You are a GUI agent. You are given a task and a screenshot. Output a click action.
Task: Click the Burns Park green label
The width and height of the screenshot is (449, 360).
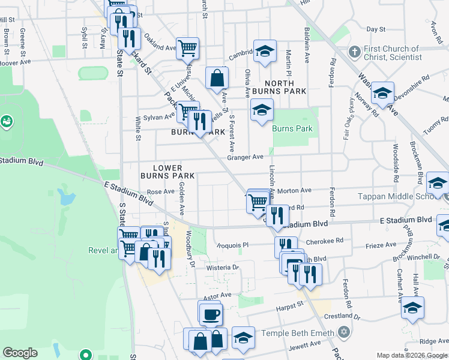click(x=292, y=128)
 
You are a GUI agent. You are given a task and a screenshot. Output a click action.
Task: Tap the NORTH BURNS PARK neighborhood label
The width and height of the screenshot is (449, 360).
click(x=279, y=87)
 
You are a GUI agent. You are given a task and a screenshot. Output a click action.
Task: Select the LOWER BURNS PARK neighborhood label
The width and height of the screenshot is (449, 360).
click(x=167, y=172)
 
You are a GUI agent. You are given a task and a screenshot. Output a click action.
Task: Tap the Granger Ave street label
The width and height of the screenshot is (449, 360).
click(x=245, y=157)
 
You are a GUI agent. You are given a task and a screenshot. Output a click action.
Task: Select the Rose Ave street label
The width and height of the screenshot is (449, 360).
click(x=160, y=192)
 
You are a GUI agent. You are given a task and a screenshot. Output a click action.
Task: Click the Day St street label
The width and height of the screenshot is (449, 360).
click(x=375, y=29)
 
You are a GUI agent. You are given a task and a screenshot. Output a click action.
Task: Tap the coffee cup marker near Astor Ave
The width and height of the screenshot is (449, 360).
click(x=210, y=313)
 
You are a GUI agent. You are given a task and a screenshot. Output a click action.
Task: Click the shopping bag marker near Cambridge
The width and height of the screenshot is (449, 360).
click(x=217, y=77)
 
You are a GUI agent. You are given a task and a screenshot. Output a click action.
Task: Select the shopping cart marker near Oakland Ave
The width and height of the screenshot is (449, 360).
click(x=187, y=47)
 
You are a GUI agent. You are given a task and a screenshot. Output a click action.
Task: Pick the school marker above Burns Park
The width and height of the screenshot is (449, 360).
click(x=261, y=110)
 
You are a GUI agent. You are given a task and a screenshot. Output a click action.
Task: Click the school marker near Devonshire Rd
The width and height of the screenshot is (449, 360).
click(x=382, y=92)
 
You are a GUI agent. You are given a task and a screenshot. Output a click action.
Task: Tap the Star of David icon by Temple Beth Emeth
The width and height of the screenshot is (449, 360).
click(x=343, y=331)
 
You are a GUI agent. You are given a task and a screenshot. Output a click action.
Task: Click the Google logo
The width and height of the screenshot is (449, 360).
click(x=20, y=353)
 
